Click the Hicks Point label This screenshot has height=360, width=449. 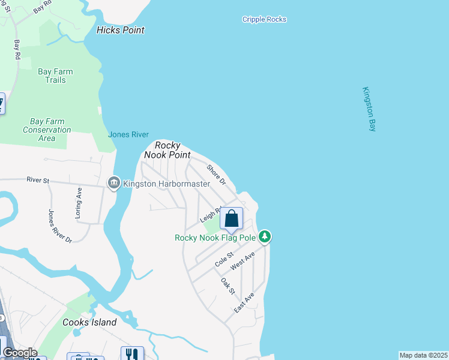tap(121, 30)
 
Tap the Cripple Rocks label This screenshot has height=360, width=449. tap(264, 19)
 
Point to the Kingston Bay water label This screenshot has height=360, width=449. tap(369, 109)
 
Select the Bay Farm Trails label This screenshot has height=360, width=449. tap(55, 76)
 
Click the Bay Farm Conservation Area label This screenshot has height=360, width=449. tap(47, 130)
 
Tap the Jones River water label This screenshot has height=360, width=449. tap(128, 134)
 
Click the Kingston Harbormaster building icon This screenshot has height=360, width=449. tap(113, 182)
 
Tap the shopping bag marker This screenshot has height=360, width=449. tap(232, 220)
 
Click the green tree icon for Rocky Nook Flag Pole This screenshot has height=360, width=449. tap(265, 237)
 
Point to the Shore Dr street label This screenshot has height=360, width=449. tap(215, 174)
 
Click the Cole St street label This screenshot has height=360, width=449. tap(223, 259)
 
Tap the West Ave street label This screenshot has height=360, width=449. tap(243, 260)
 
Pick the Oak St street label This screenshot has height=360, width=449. tap(228, 286)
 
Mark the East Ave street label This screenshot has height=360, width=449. tap(244, 302)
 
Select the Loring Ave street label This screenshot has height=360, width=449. tap(79, 196)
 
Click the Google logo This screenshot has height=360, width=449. tap(19, 353)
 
